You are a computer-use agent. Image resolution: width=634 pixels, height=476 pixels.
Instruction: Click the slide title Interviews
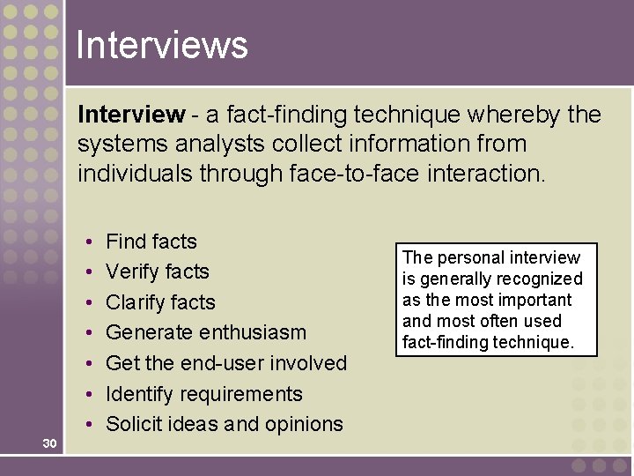click(162, 44)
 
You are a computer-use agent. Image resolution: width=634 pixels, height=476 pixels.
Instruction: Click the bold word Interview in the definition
click(131, 115)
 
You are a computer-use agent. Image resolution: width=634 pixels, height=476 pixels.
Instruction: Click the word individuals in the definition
click(134, 173)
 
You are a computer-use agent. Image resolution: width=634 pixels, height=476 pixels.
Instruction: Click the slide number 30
click(49, 443)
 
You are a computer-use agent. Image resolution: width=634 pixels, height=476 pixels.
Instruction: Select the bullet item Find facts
click(151, 242)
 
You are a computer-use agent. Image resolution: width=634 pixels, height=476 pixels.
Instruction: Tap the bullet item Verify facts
click(157, 271)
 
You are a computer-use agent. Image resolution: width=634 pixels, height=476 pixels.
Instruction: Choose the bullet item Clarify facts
click(160, 302)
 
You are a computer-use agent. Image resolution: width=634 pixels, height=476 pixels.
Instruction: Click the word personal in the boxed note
click(468, 257)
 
